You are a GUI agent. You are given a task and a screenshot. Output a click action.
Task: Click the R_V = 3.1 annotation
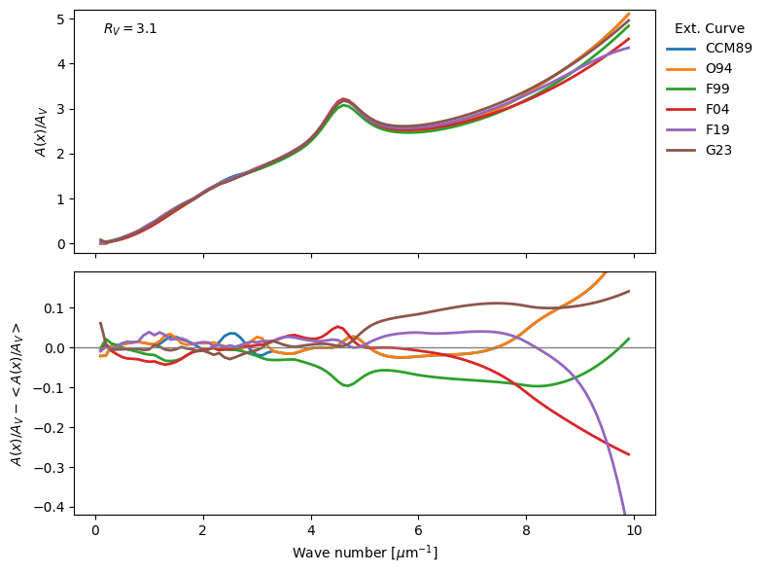[x=130, y=29]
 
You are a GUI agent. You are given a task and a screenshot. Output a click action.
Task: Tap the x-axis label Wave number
[x=365, y=553]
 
